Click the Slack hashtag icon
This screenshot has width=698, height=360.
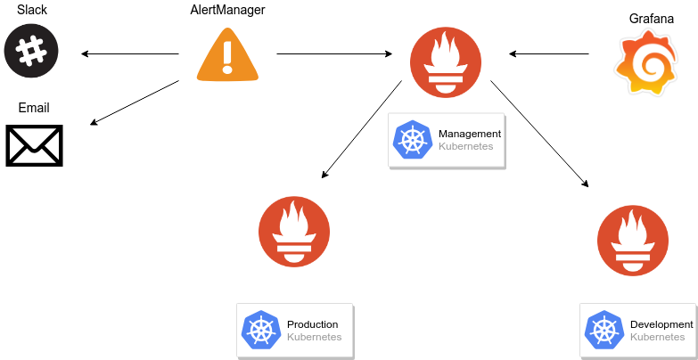(x=31, y=50)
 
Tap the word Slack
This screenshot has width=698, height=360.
(x=31, y=9)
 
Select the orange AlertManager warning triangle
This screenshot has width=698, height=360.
(x=227, y=54)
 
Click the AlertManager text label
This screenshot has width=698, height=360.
(x=227, y=10)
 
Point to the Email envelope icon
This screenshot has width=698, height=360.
(x=34, y=145)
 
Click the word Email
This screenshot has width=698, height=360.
(x=34, y=108)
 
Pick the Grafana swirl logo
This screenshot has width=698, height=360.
(x=646, y=61)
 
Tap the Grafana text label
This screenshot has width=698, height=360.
(x=652, y=19)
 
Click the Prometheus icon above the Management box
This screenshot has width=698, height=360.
(x=445, y=62)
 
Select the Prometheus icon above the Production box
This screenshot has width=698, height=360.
(x=294, y=232)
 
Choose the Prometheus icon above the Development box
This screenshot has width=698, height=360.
(x=633, y=241)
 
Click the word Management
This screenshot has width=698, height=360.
(x=470, y=134)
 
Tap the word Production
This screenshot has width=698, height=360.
(x=313, y=324)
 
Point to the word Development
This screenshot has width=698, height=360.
(x=661, y=324)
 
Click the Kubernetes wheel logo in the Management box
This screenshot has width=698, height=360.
(x=413, y=140)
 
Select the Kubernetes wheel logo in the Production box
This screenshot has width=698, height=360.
(x=261, y=331)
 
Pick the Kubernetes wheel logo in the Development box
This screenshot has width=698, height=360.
(x=604, y=331)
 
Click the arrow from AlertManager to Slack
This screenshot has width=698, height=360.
(x=130, y=54)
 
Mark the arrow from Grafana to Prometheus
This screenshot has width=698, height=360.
(x=549, y=54)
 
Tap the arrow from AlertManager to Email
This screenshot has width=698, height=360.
(x=135, y=102)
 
